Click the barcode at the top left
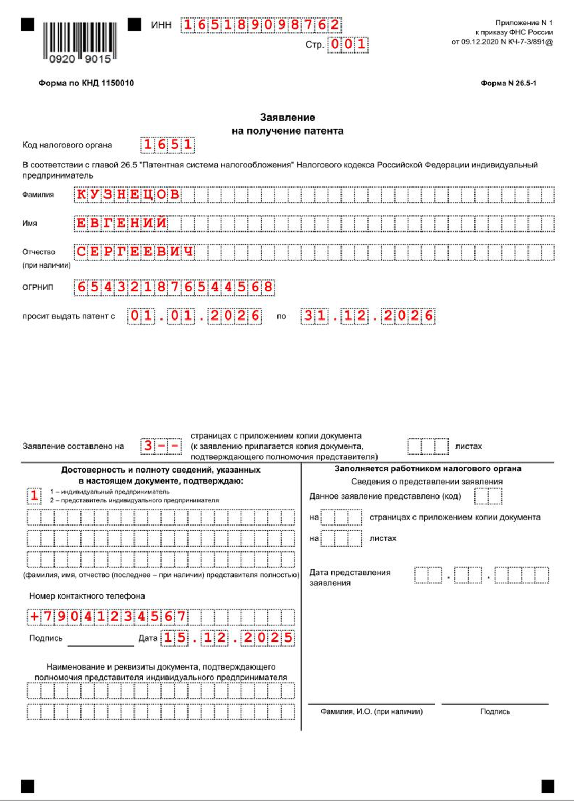click(x=79, y=41)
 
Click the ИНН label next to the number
click(x=161, y=25)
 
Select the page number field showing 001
click(x=348, y=44)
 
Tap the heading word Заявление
click(x=287, y=118)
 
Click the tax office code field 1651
click(x=167, y=145)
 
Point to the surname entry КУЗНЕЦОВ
click(x=128, y=194)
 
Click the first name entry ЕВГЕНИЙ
click(x=121, y=223)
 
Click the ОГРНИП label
click(x=38, y=287)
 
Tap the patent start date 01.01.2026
click(x=194, y=316)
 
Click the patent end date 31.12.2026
click(x=367, y=316)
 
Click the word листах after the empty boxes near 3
click(x=468, y=446)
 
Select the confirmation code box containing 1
click(x=34, y=496)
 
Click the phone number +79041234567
click(x=107, y=617)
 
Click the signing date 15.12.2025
click(x=228, y=637)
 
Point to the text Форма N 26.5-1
click(x=508, y=83)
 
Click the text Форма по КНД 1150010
click(x=86, y=83)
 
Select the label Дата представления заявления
click(x=349, y=577)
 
